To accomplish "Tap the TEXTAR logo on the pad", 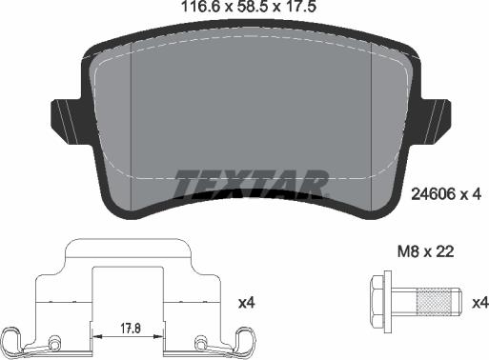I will click(x=251, y=180).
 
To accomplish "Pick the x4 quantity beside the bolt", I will click(x=479, y=302).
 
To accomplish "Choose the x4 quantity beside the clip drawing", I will click(x=246, y=302).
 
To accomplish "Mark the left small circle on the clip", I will click(x=54, y=340).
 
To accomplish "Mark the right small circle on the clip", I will click(x=199, y=341).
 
